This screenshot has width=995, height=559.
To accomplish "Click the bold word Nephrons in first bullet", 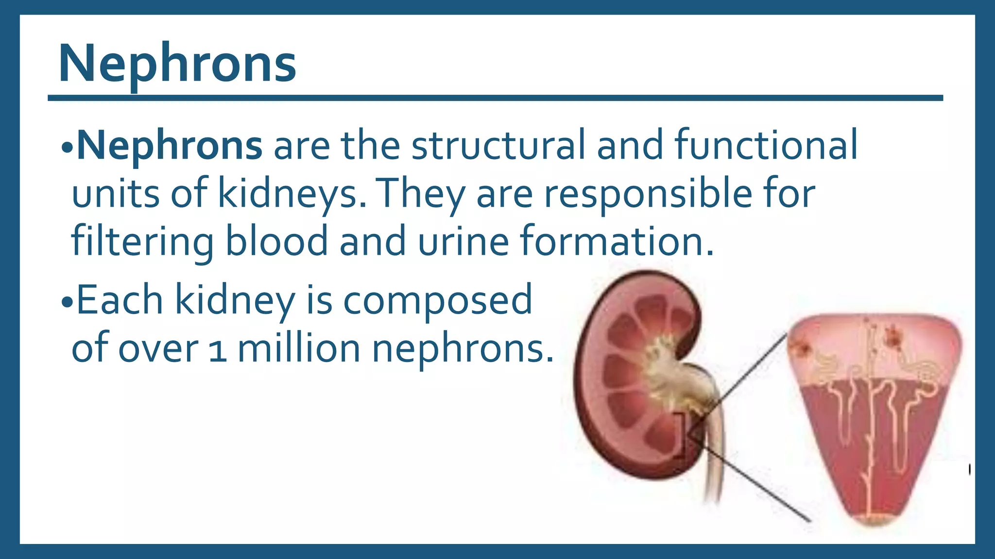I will tap(170, 145).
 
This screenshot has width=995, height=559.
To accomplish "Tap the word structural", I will tap(498, 145).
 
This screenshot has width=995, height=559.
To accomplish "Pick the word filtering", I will tap(142, 242).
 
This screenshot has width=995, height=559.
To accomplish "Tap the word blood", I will tap(276, 242).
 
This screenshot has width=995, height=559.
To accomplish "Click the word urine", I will tap(463, 242).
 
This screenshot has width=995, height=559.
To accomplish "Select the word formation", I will tap(616, 242).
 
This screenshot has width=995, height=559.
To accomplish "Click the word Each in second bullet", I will tap(120, 300).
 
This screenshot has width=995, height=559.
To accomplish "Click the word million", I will tap(298, 348).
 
